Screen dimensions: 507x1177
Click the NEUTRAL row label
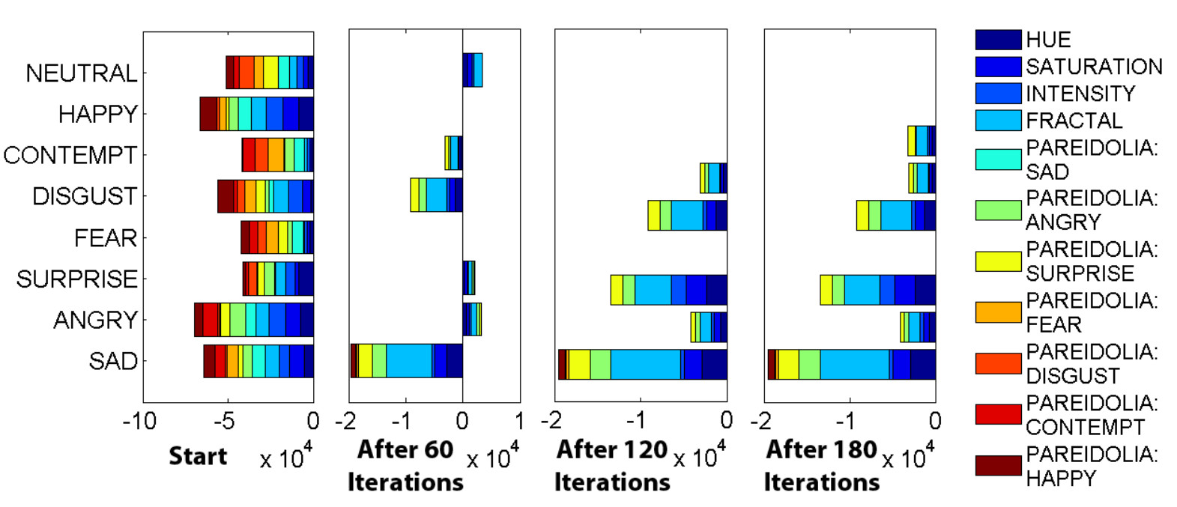tap(81, 73)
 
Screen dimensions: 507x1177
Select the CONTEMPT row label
tap(70, 155)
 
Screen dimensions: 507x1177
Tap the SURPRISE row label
tap(76, 279)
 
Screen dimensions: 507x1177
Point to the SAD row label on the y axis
tap(113, 361)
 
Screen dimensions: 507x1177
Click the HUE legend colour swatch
tap(998, 40)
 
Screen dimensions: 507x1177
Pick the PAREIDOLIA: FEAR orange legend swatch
tap(998, 312)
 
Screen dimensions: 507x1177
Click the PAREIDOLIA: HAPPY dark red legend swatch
tap(998, 466)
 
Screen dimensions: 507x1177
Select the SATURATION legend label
tap(1094, 67)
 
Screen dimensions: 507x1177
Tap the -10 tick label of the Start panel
tap(140, 421)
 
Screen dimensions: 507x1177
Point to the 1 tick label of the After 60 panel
tap(518, 421)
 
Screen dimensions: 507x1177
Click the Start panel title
tap(198, 456)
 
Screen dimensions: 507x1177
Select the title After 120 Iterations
tap(612, 465)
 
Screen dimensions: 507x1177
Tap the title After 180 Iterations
tap(822, 465)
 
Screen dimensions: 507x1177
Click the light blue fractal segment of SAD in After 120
tap(645, 364)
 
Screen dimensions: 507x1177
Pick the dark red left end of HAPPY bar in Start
tap(208, 114)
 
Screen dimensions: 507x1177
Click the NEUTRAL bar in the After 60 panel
tap(473, 70)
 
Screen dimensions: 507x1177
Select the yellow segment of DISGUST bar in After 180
tap(862, 215)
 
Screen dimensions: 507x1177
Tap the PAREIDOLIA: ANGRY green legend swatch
tap(998, 210)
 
